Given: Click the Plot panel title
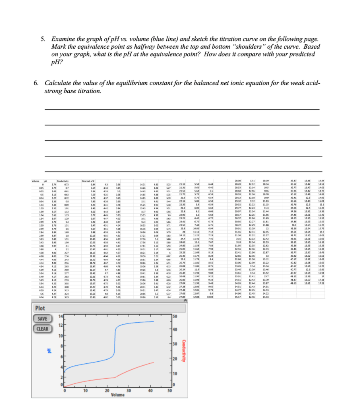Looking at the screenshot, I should click(x=40, y=308).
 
